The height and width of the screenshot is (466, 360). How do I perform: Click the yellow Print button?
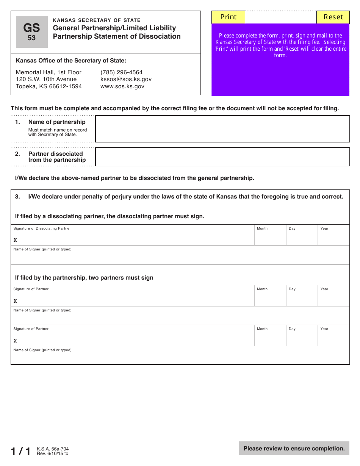click(228, 17)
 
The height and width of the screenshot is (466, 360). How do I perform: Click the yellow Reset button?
click(333, 17)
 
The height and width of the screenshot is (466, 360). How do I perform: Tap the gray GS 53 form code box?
click(32, 32)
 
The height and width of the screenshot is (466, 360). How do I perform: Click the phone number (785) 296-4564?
click(121, 72)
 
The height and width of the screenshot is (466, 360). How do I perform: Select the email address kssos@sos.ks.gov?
click(126, 79)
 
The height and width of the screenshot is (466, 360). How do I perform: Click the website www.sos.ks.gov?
click(122, 86)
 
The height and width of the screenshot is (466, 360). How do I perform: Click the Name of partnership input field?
click(222, 129)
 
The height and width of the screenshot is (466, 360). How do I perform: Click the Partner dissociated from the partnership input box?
click(222, 157)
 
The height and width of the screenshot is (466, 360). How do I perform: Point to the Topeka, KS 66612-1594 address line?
click(49, 86)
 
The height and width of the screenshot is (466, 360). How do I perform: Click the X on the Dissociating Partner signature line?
click(15, 240)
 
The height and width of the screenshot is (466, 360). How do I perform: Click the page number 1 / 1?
click(21, 451)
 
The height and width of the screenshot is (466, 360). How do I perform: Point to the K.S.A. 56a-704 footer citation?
click(53, 449)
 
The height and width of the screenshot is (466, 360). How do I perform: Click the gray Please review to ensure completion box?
click(294, 449)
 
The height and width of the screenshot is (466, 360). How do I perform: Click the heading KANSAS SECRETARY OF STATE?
click(97, 20)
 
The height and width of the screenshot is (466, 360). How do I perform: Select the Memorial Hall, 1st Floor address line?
click(49, 72)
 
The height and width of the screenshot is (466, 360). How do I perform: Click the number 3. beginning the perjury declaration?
click(17, 197)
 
